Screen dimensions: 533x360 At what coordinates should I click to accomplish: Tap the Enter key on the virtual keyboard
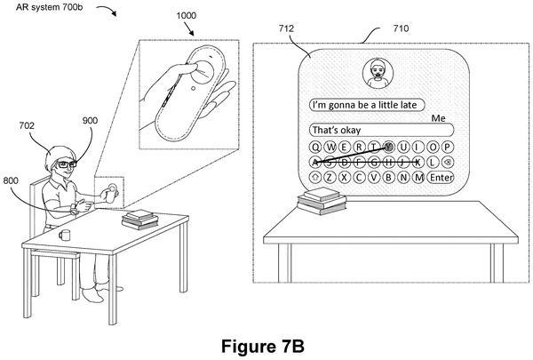pos(441,177)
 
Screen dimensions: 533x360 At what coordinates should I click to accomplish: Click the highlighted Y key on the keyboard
pos(389,147)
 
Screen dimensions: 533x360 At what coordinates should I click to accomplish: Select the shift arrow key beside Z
pos(315,177)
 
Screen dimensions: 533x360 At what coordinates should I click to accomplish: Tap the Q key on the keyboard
pos(315,147)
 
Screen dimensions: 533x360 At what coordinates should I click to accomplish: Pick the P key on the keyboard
pos(448,147)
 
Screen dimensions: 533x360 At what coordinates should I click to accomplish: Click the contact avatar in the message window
pos(378,74)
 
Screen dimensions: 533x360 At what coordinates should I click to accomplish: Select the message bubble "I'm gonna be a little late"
pos(367,105)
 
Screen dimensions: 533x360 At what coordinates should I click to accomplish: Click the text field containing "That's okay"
pos(381,130)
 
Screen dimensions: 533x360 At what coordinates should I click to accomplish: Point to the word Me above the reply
pos(438,118)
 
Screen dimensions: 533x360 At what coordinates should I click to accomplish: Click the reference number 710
pos(402,28)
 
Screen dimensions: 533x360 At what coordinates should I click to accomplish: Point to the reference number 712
pos(286,28)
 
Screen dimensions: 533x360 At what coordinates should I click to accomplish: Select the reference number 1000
pos(186,15)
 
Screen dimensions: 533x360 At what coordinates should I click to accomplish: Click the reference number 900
pos(90,121)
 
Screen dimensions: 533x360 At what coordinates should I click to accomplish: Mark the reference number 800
pos(11,180)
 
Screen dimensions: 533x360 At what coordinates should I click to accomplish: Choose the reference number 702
pos(27,125)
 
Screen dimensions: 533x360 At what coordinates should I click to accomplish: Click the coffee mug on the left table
pos(65,235)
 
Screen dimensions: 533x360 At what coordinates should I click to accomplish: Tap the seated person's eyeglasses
pos(67,164)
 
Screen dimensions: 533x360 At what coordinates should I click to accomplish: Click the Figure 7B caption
pos(262,347)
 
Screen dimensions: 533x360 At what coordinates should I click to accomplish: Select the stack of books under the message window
pos(322,201)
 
